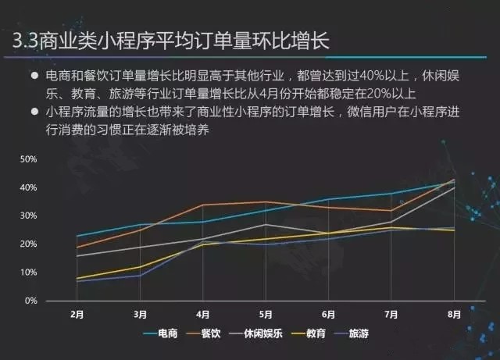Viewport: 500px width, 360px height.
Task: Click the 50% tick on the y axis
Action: tap(29, 159)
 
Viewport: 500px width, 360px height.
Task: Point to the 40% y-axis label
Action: tap(29, 187)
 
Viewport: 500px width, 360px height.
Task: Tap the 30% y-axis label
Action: tap(29, 216)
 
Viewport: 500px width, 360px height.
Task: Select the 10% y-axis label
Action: tap(29, 273)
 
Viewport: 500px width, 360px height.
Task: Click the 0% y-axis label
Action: tap(31, 301)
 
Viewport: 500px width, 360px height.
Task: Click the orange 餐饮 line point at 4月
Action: tap(202, 205)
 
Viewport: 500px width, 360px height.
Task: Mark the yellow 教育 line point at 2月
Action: tap(77, 278)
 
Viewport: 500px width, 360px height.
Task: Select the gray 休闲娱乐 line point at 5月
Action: tap(265, 224)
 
